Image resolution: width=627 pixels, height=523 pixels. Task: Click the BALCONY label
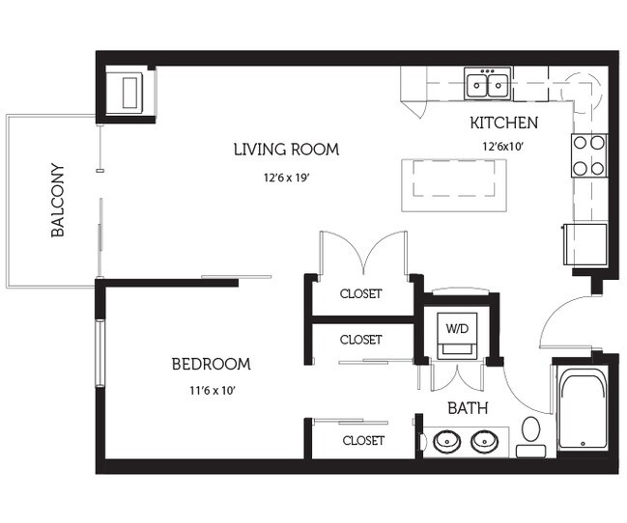coord(58,200)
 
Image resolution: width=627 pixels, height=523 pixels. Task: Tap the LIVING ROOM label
coord(286,150)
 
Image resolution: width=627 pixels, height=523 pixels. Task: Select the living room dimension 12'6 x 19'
coord(287,178)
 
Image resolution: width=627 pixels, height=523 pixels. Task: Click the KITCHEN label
coord(504,123)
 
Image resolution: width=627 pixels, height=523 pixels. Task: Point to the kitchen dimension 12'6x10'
coord(503,147)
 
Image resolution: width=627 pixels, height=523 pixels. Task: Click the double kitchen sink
coord(488,84)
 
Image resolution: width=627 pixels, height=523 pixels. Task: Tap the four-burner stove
coord(589,155)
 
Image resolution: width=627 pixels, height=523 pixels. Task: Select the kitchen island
coord(454,185)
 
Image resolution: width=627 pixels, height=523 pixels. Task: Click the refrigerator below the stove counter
coord(585,244)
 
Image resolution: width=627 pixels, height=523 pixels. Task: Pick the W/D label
coord(457,328)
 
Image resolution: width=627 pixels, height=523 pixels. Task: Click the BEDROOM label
coord(212,364)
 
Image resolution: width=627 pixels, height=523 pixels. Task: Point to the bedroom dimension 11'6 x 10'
coord(212,391)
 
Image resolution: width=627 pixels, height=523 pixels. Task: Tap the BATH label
coord(468,408)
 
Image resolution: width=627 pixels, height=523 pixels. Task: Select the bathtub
coord(583,410)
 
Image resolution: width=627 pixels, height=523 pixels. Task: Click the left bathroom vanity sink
coord(446,442)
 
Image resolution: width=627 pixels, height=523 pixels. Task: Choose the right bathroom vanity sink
coord(484,442)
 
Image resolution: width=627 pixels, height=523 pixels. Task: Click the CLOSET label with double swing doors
coord(360,293)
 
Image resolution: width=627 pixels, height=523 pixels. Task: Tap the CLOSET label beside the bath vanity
coord(363,440)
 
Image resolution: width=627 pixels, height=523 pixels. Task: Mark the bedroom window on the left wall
coord(100,353)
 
